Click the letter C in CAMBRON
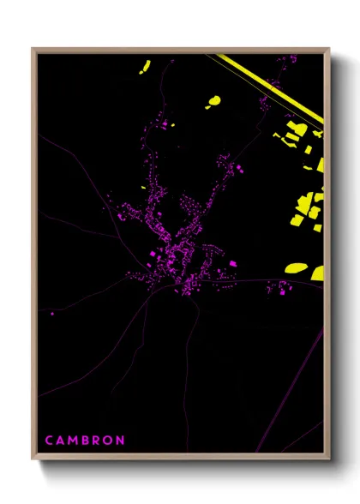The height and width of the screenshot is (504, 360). [x=49, y=440]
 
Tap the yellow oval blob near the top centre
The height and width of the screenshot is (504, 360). [x=213, y=102]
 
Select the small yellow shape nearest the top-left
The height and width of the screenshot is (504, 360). [x=145, y=66]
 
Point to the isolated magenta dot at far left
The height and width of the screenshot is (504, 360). [x=52, y=314]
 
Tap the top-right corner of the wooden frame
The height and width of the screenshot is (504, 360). [x=329, y=49]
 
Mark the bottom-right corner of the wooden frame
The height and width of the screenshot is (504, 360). [x=329, y=459]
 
